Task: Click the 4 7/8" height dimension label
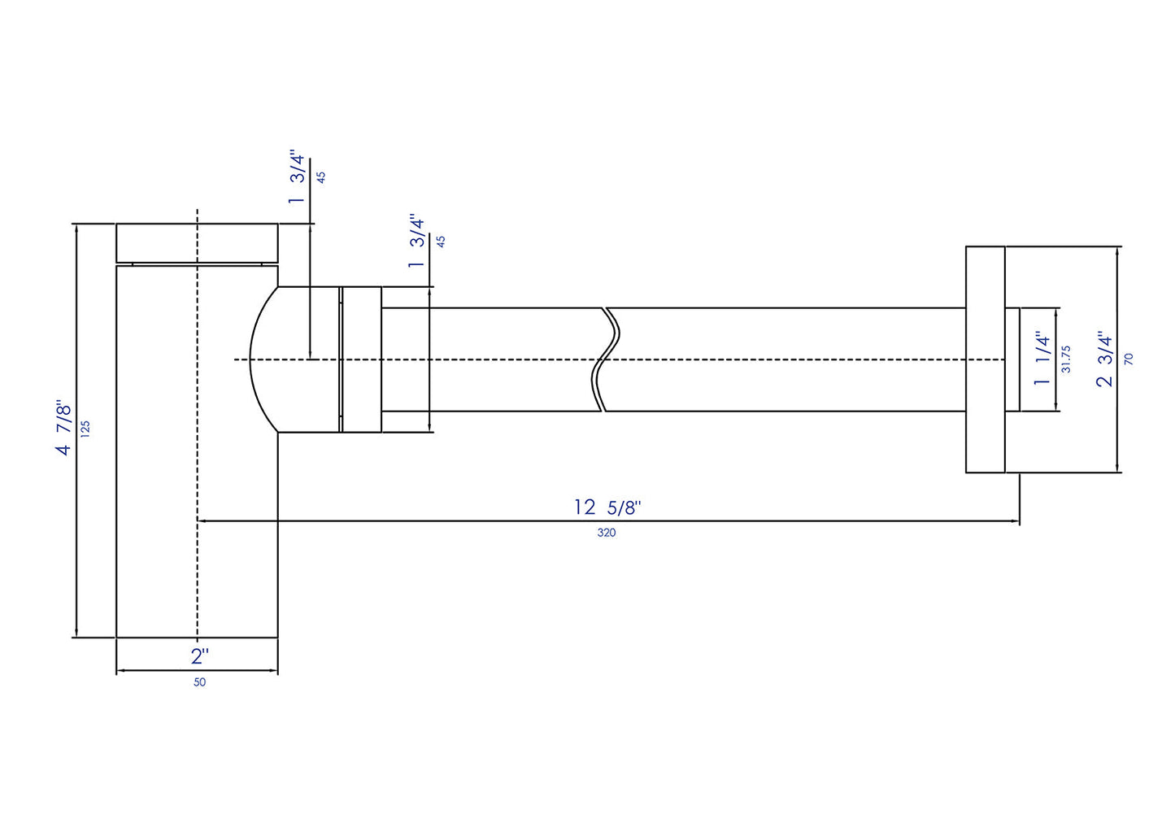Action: click(x=63, y=427)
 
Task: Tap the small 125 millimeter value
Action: click(x=86, y=429)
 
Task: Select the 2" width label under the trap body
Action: click(x=200, y=655)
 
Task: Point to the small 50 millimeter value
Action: click(x=199, y=682)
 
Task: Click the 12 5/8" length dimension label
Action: click(x=607, y=507)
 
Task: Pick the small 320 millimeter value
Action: click(x=607, y=533)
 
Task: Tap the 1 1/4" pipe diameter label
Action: click(x=1042, y=358)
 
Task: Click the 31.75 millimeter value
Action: click(x=1066, y=359)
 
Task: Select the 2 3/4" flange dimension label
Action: click(x=1104, y=359)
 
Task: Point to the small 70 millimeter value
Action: click(x=1129, y=359)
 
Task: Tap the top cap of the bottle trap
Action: click(x=197, y=242)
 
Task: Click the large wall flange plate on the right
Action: click(x=985, y=359)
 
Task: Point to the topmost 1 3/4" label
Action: click(x=297, y=178)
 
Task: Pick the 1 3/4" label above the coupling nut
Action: click(x=417, y=242)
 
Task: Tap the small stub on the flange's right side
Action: click(x=1012, y=359)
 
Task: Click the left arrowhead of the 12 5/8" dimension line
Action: click(x=202, y=520)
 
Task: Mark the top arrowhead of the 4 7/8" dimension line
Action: click(x=76, y=229)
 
